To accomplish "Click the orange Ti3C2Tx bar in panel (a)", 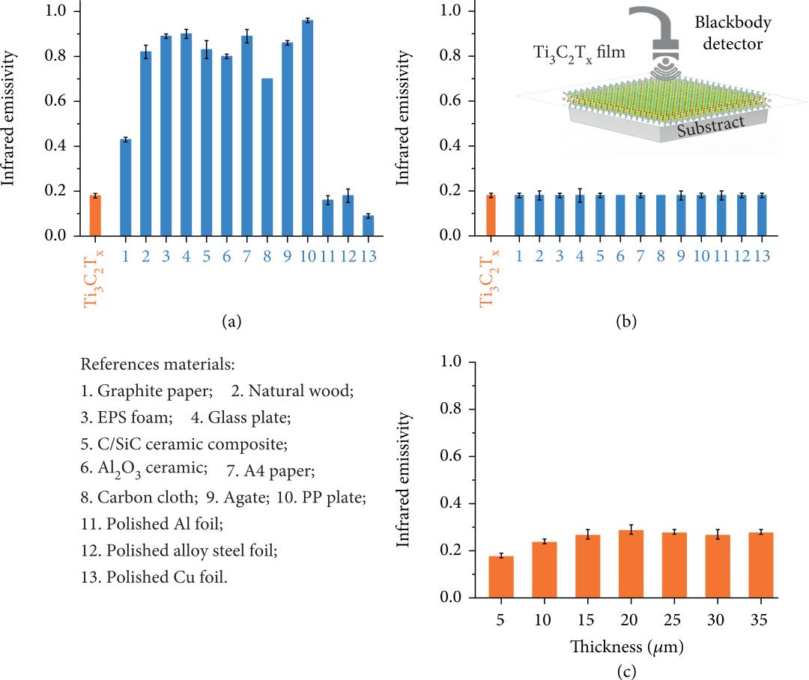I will pos(95,216).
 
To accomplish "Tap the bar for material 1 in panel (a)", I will pos(125,187).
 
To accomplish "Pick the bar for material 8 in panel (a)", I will pos(267,157).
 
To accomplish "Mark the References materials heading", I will pos(157,365).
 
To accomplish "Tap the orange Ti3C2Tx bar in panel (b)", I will pos(491,216).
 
